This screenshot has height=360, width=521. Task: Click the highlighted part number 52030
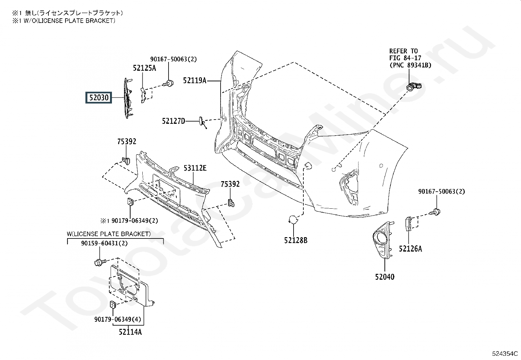tap(99, 98)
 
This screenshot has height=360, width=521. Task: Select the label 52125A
tap(144, 68)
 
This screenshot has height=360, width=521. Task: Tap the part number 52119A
tap(195, 81)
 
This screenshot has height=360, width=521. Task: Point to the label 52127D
tap(173, 121)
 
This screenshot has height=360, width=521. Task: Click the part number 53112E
tap(195, 168)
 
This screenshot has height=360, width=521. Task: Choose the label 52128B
tap(296, 240)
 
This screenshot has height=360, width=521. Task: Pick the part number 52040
tap(385, 277)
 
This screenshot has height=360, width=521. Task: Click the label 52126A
tap(410, 249)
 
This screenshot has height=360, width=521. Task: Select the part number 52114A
tap(130, 332)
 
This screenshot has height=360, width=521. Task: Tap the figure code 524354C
tap(505, 353)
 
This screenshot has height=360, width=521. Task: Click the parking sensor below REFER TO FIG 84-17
tap(414, 86)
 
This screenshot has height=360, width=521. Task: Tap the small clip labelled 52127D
tap(202, 122)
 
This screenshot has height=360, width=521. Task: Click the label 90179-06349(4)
tap(118, 319)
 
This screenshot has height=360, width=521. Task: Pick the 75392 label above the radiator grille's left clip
tap(127, 141)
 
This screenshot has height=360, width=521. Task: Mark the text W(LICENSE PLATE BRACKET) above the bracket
tap(109, 234)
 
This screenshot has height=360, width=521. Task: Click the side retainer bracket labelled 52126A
tap(409, 223)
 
